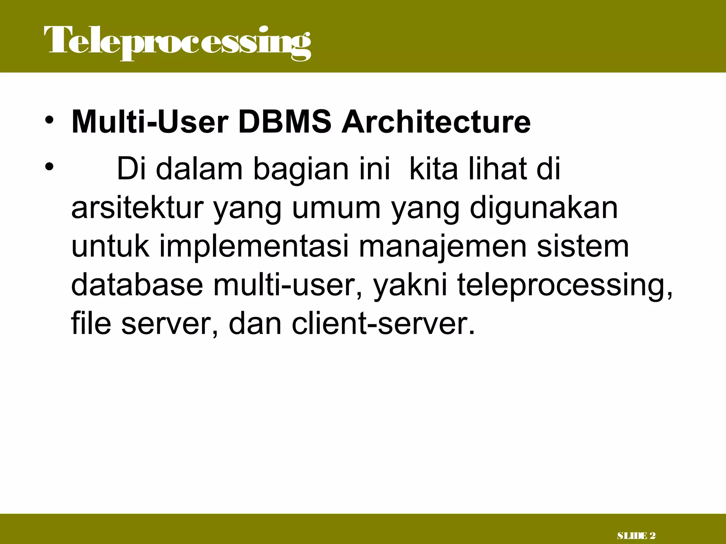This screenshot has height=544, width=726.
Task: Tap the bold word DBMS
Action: [285, 122]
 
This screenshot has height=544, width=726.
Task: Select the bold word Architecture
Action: [436, 122]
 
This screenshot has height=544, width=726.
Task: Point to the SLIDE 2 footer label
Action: [636, 536]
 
